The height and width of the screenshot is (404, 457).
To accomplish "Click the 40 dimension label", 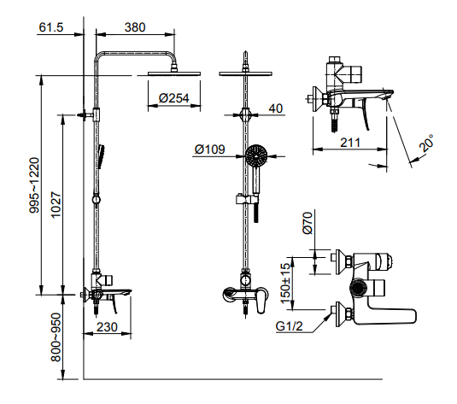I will point(275,108).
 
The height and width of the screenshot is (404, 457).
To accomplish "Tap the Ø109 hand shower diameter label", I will point(209,149).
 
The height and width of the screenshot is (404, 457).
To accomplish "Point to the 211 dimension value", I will point(348,143).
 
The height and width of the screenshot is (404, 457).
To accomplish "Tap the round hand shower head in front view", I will point(255,156).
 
